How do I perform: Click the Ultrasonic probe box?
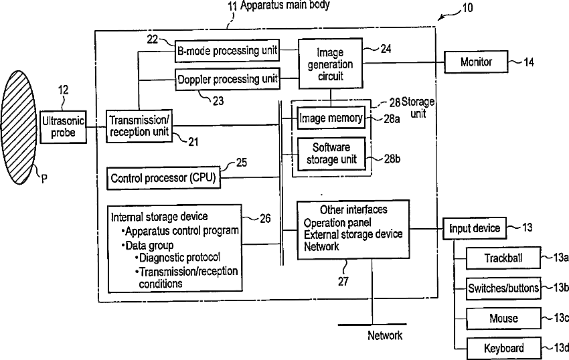click(63, 127)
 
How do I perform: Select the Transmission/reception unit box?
click(139, 126)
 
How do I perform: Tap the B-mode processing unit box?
click(227, 50)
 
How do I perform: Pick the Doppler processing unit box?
click(228, 79)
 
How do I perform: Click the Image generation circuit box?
click(330, 64)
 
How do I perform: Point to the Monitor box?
click(476, 62)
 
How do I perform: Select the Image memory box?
click(331, 118)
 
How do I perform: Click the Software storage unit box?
click(331, 153)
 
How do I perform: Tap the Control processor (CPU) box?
click(163, 178)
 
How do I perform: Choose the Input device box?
click(475, 228)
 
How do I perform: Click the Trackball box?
click(503, 258)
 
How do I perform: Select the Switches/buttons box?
click(503, 288)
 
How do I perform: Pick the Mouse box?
click(503, 319)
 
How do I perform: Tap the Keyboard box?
click(503, 349)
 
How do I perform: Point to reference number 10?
click(467, 7)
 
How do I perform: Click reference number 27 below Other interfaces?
click(343, 281)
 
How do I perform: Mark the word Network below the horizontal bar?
click(385, 335)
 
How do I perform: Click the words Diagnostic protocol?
click(179, 258)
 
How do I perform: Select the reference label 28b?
click(392, 159)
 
